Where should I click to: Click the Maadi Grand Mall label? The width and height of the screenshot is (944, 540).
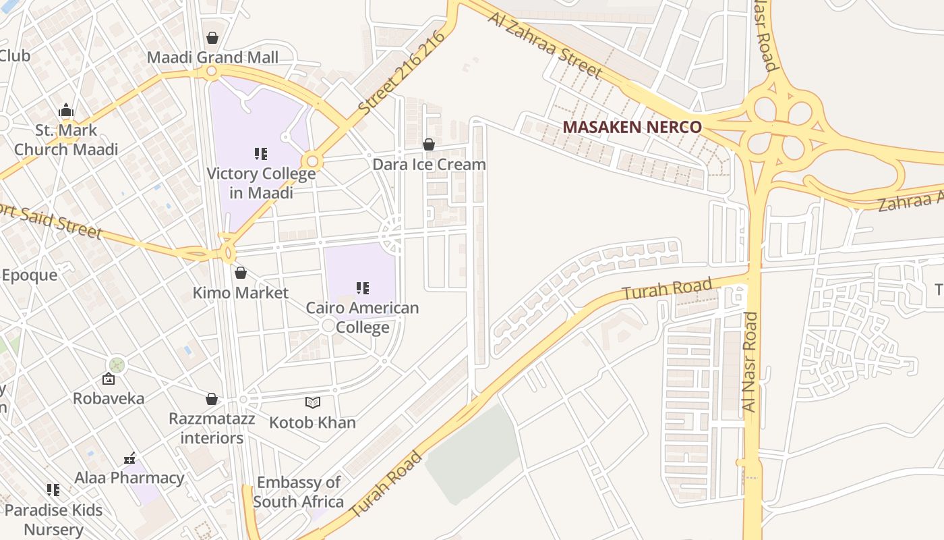coord(212,57)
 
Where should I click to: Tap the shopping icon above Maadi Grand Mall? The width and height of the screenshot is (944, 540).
coord(212,38)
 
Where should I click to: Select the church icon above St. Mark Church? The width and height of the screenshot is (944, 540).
coord(65,110)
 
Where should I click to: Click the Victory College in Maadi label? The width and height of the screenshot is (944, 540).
coord(261,183)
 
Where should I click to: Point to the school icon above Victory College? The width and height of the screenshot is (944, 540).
coord(261,154)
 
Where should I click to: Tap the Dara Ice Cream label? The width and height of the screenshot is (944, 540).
coord(429,165)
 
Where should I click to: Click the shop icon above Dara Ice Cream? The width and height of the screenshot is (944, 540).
coord(429,144)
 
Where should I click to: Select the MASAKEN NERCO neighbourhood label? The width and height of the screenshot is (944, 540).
coord(632,127)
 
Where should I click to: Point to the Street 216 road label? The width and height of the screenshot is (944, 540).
coord(402,73)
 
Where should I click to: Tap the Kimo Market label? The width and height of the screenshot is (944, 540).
coord(240,293)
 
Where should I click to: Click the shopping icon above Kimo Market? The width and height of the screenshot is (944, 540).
coord(240,273)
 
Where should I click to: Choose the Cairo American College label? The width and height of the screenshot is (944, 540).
coord(363,317)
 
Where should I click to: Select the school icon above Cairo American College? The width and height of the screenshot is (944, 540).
coord(363,288)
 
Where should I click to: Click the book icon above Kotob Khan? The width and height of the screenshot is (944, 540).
coord(312,403)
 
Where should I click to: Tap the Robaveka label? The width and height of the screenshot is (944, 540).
coord(109,398)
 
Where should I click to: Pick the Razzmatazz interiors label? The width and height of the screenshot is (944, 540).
coord(212,428)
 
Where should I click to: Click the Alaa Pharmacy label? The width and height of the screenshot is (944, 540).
coord(129,478)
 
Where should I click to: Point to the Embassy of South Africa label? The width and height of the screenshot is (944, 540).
coord(298,492)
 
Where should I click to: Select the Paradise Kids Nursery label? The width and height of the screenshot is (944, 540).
coord(53,519)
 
